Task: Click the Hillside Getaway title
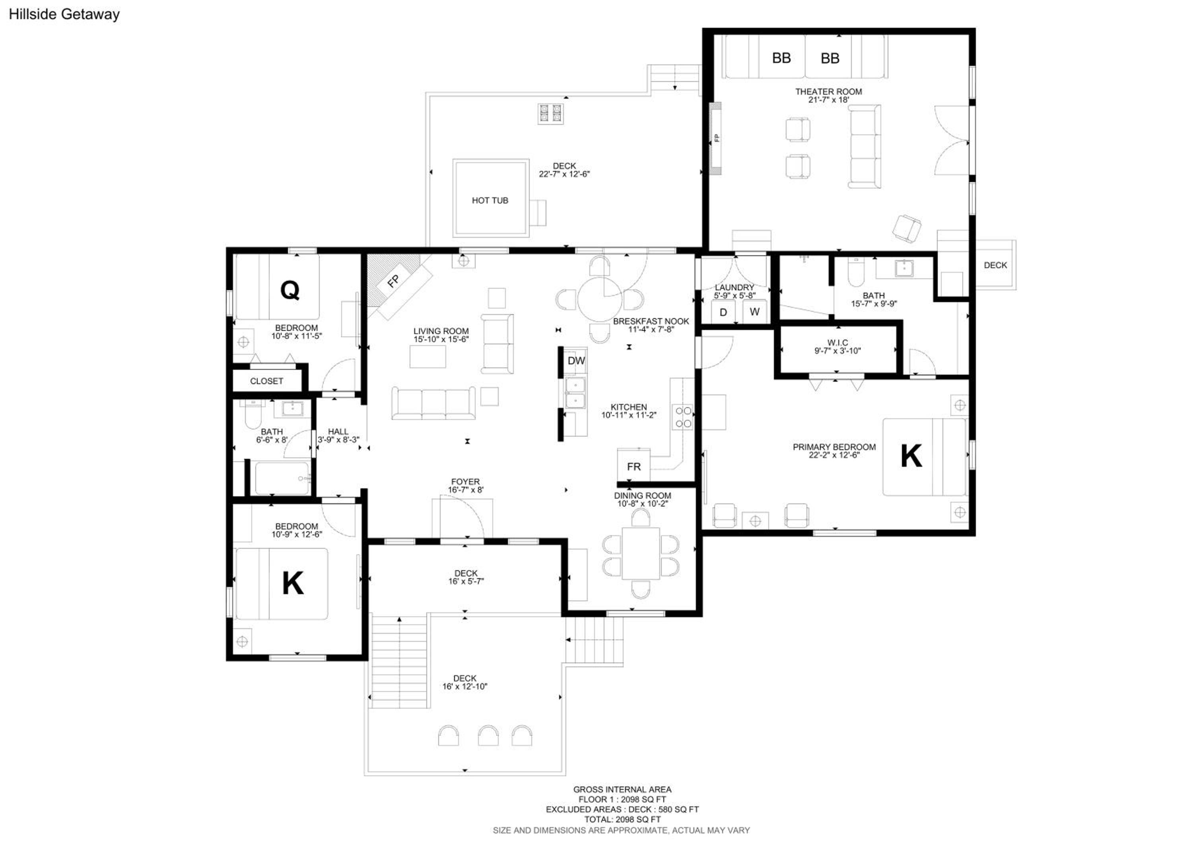64,14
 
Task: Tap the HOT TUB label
490,200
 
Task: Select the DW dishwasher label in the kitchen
576,361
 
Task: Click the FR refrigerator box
633,465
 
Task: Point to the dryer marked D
723,312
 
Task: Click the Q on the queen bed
290,290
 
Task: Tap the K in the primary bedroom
911,456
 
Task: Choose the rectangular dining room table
641,553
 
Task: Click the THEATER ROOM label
829,92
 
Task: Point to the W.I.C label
837,343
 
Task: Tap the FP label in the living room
393,281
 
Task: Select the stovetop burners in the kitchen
683,417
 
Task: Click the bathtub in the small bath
282,478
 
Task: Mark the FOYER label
465,482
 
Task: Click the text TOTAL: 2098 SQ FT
622,819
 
